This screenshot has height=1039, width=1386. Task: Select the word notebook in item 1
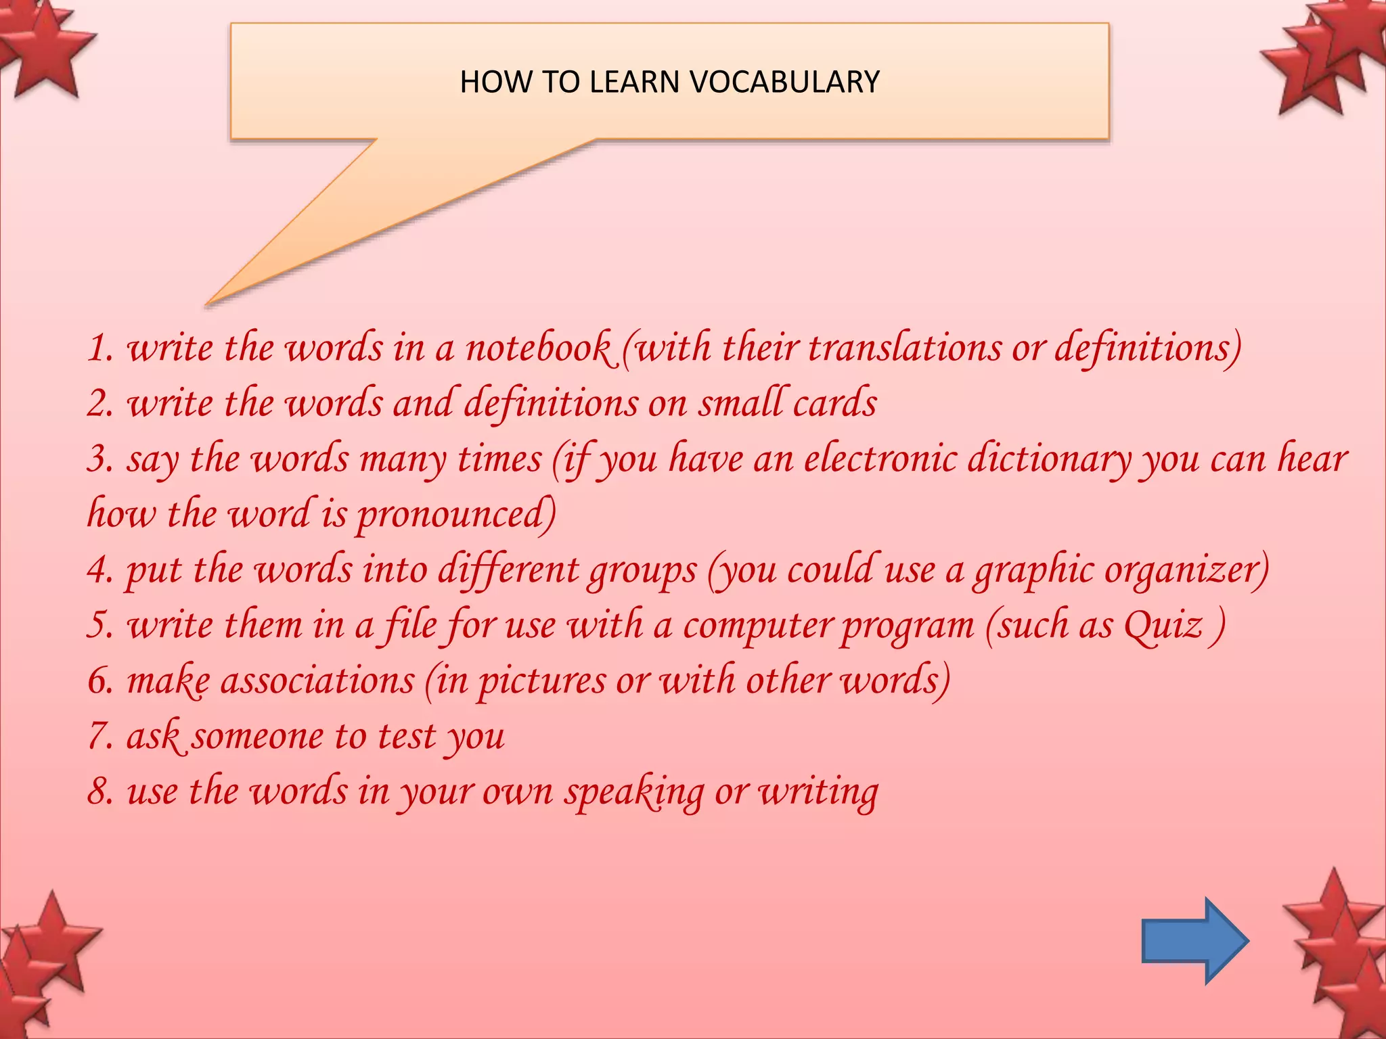[x=539, y=348]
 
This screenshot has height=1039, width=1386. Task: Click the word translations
[x=905, y=348]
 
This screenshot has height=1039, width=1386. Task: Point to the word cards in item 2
[x=834, y=403]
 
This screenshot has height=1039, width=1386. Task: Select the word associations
[x=317, y=680]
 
